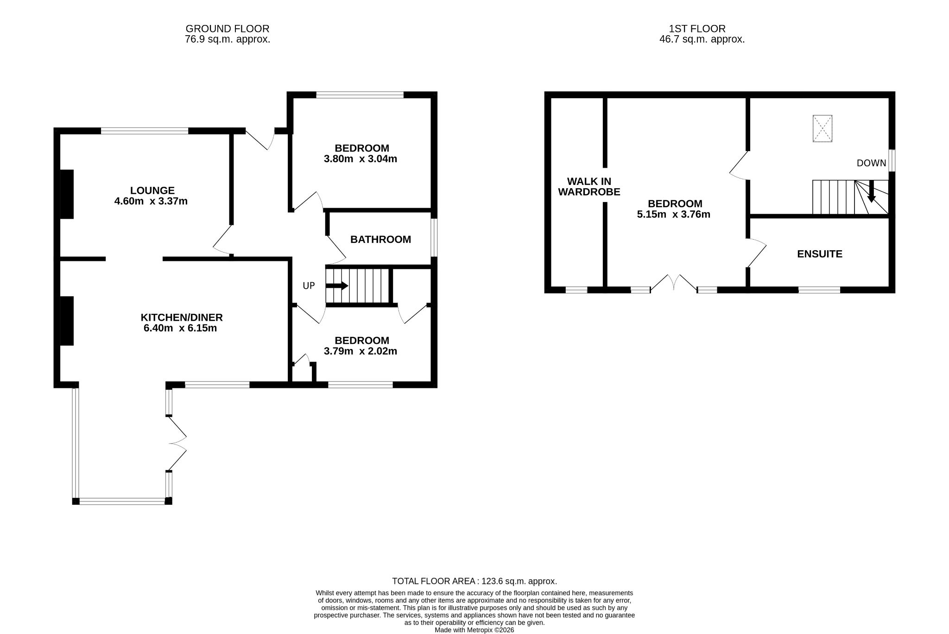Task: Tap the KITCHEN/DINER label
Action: tap(182, 317)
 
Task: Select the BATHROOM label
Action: tap(380, 240)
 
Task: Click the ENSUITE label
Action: tap(820, 254)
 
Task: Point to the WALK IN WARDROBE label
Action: tap(589, 187)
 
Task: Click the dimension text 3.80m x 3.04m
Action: tap(361, 159)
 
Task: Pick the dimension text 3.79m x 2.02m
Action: tap(361, 351)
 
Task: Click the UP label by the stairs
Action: tap(309, 286)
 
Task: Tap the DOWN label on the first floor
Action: tap(871, 163)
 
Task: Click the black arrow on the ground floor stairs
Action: tap(337, 285)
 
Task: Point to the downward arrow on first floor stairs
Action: tap(872, 191)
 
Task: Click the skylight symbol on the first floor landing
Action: tap(822, 128)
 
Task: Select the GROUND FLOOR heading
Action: tap(228, 29)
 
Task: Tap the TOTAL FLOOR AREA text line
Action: tap(474, 581)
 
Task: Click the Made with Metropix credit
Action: tap(474, 630)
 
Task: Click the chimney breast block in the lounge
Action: tap(67, 194)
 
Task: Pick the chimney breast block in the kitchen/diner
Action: tap(67, 321)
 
